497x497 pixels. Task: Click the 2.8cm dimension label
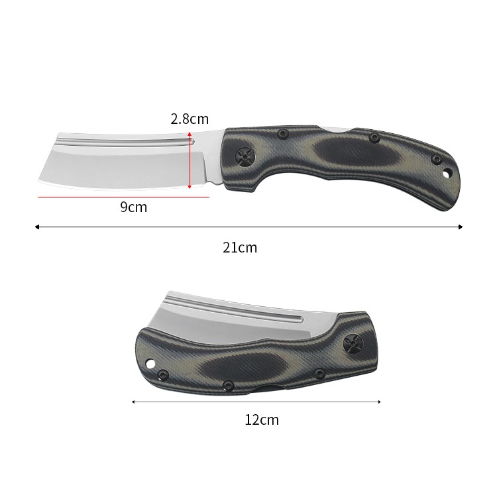[190, 119]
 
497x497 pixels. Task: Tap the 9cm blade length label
[133, 207]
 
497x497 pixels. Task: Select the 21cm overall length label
[240, 247]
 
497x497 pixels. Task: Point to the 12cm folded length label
[262, 419]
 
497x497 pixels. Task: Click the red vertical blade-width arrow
[190, 161]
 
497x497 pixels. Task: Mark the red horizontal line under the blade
[124, 197]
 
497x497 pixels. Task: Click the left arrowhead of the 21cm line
[36, 227]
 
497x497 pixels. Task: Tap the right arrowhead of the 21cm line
[461, 227]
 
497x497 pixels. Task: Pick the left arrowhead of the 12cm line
[133, 402]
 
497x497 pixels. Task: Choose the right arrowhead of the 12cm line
[379, 402]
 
